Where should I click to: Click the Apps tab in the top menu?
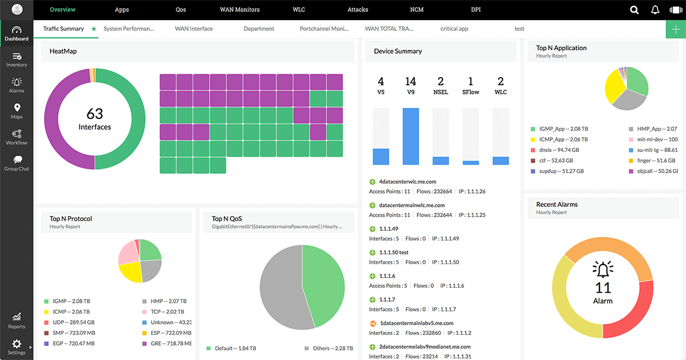coord(122,10)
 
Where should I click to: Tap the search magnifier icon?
coord(634,10)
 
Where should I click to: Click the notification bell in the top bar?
coord(655,10)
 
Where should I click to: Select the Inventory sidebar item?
coord(17,59)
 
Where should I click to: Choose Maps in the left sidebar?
coord(17,111)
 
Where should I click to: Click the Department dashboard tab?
coord(258,29)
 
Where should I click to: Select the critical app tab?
coord(454,29)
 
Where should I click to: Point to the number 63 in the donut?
coord(95,113)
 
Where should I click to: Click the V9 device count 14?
coord(410,81)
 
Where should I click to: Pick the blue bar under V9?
coord(410,137)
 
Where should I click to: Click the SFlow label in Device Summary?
coord(470,92)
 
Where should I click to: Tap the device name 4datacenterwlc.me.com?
coord(407,182)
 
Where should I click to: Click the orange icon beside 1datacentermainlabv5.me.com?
coord(373,323)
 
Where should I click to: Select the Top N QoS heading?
coord(228,218)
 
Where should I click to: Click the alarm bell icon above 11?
coord(603,269)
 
